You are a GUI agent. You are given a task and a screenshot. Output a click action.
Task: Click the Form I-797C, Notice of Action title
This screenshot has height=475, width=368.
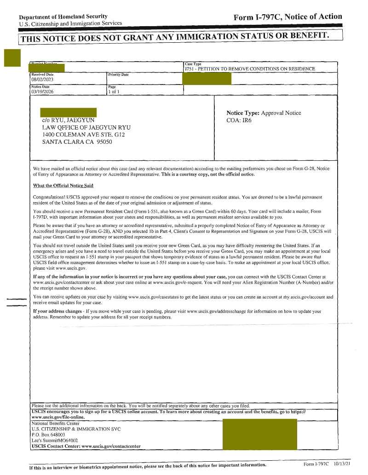(287, 17)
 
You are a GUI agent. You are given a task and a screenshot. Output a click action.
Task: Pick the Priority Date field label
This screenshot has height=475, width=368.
(118, 74)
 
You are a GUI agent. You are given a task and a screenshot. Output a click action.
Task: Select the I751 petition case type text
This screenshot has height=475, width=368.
(250, 69)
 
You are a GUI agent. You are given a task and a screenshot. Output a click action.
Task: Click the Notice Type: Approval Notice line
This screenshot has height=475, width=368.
(264, 113)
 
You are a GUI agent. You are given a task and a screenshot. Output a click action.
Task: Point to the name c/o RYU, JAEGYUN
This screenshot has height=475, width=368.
(68, 120)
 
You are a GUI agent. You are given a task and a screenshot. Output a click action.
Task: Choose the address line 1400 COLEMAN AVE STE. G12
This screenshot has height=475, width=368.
(83, 135)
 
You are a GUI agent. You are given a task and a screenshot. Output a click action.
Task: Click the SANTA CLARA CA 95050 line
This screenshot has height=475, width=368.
(77, 142)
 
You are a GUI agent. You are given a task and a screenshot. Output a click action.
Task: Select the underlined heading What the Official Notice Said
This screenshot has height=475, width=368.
(63, 186)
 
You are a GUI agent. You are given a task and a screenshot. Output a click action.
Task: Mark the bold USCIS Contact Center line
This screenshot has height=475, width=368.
(86, 446)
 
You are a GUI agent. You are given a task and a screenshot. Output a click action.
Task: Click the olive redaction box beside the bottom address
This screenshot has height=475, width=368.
(259, 434)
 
